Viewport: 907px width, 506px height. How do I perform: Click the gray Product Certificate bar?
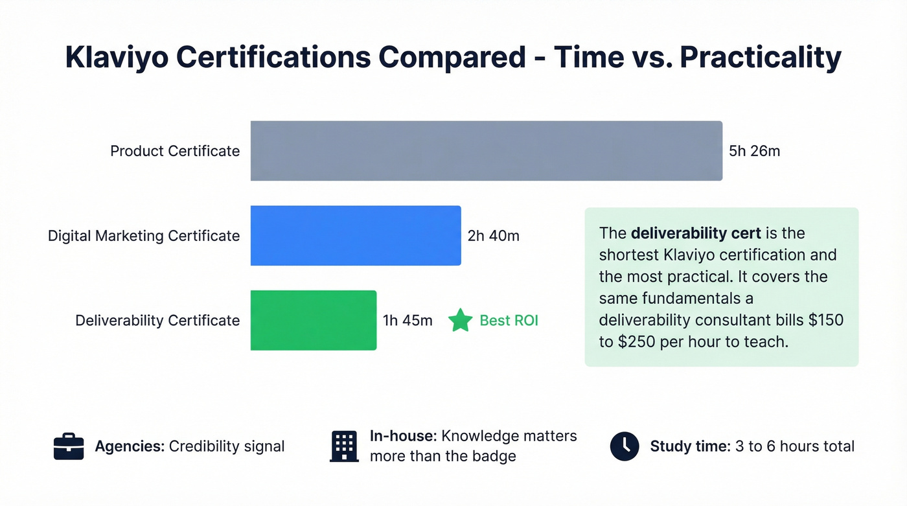486,151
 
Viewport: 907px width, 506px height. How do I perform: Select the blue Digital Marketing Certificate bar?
356,236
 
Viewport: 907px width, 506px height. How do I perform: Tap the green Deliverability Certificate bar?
314,320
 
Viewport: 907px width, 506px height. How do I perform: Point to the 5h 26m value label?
754,152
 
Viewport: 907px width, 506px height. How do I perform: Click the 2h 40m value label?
493,236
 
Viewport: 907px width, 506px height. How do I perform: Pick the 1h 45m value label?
408,320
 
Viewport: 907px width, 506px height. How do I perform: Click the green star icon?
461,320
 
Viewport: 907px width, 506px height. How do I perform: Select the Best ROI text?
509,320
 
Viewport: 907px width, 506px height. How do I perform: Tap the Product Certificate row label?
175,152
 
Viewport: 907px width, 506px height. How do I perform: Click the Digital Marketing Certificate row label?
144,236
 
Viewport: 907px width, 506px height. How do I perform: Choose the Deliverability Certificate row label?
157,320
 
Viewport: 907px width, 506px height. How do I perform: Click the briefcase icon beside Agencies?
68,446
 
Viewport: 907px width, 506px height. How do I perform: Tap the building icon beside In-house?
344,446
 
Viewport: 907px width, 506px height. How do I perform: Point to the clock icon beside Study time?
625,446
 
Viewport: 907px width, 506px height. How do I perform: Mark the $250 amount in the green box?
620,342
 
